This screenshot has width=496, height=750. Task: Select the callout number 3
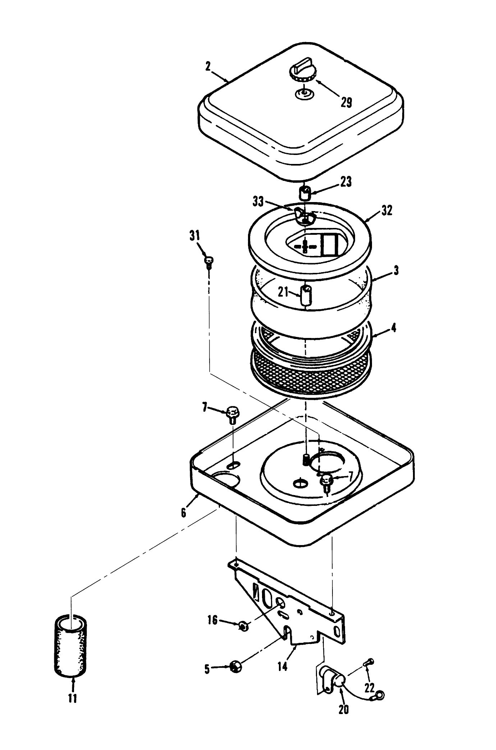click(396, 270)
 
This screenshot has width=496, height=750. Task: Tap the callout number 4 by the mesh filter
click(394, 328)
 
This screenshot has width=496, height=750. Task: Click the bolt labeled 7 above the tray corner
click(233, 414)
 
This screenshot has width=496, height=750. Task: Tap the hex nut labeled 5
click(236, 666)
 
